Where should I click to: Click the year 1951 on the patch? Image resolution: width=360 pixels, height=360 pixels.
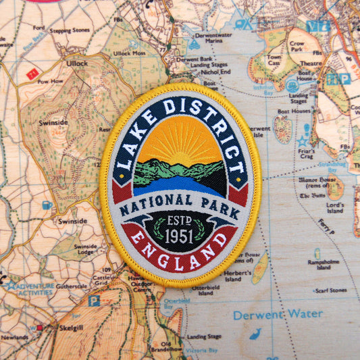click(179, 236)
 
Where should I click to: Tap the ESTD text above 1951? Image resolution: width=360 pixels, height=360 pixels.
click(179, 221)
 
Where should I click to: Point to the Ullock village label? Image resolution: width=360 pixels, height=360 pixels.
click(76, 63)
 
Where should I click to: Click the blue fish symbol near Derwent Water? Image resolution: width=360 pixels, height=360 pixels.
click(255, 334)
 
